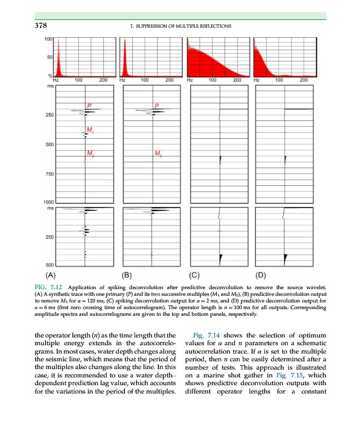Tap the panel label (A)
(x=51, y=274)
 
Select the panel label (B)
(x=127, y=274)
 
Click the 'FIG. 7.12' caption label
(x=48, y=287)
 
